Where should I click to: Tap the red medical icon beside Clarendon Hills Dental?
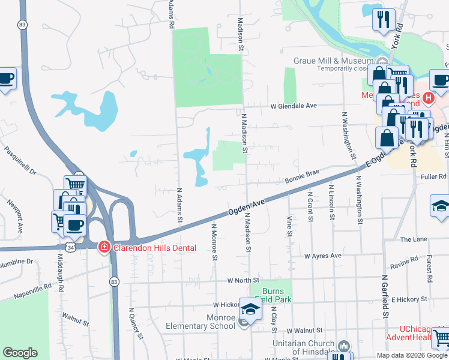[104, 247]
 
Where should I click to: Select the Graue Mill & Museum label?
[333, 61]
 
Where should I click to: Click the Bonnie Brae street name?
[301, 178]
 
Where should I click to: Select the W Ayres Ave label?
[322, 256]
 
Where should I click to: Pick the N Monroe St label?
[214, 242]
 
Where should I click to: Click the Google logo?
[20, 353]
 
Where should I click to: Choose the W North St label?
[243, 280]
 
